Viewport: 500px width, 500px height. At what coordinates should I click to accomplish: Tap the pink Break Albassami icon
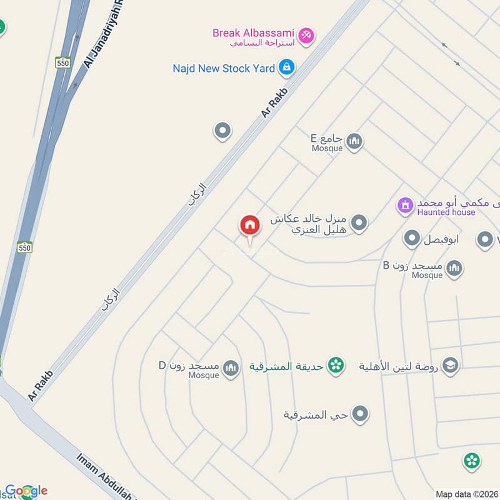tap(306, 35)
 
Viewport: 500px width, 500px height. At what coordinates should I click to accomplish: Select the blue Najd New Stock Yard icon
tap(286, 67)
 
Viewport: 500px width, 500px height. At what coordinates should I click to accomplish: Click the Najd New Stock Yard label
tap(224, 68)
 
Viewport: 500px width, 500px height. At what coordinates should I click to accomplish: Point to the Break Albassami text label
tap(253, 32)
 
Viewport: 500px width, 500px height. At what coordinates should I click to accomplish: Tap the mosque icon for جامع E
tap(354, 141)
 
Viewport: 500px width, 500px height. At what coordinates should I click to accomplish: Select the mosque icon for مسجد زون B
tap(454, 269)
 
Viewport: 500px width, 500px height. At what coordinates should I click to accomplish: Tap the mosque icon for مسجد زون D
tap(231, 369)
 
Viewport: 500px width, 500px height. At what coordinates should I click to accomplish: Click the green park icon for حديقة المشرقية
tap(336, 366)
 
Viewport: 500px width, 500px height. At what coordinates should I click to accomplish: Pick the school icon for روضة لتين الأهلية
tap(450, 366)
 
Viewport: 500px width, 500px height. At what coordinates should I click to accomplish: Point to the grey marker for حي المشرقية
tap(360, 413)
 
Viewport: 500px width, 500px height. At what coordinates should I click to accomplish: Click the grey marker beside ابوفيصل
tap(411, 238)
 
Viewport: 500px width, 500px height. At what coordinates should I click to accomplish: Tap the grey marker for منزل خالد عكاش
tap(359, 222)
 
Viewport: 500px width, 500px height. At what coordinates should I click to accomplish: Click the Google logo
tap(26, 491)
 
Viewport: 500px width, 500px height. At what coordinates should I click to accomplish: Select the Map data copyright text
tap(466, 494)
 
